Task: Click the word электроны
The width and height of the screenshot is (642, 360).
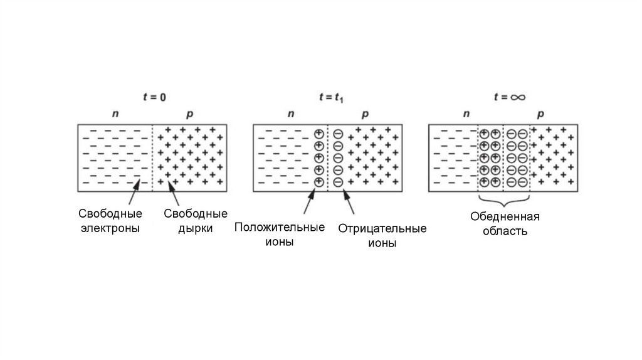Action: [110, 228]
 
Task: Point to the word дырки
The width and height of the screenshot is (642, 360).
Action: [195, 228]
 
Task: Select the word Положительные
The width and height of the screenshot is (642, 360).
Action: [280, 227]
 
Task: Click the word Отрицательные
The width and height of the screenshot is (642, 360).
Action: [382, 228]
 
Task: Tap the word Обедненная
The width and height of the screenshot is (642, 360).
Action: [505, 217]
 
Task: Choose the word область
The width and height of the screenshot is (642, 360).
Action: [505, 231]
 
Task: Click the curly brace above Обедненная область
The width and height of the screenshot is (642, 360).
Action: [505, 201]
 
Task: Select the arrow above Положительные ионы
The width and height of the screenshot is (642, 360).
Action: [310, 202]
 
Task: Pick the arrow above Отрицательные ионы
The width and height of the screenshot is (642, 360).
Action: [349, 202]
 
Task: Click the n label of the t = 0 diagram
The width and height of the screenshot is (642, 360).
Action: [115, 115]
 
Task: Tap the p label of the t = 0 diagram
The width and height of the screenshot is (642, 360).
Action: [190, 115]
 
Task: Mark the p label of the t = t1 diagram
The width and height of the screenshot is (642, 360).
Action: [366, 115]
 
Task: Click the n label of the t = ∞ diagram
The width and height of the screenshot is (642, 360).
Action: [466, 115]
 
